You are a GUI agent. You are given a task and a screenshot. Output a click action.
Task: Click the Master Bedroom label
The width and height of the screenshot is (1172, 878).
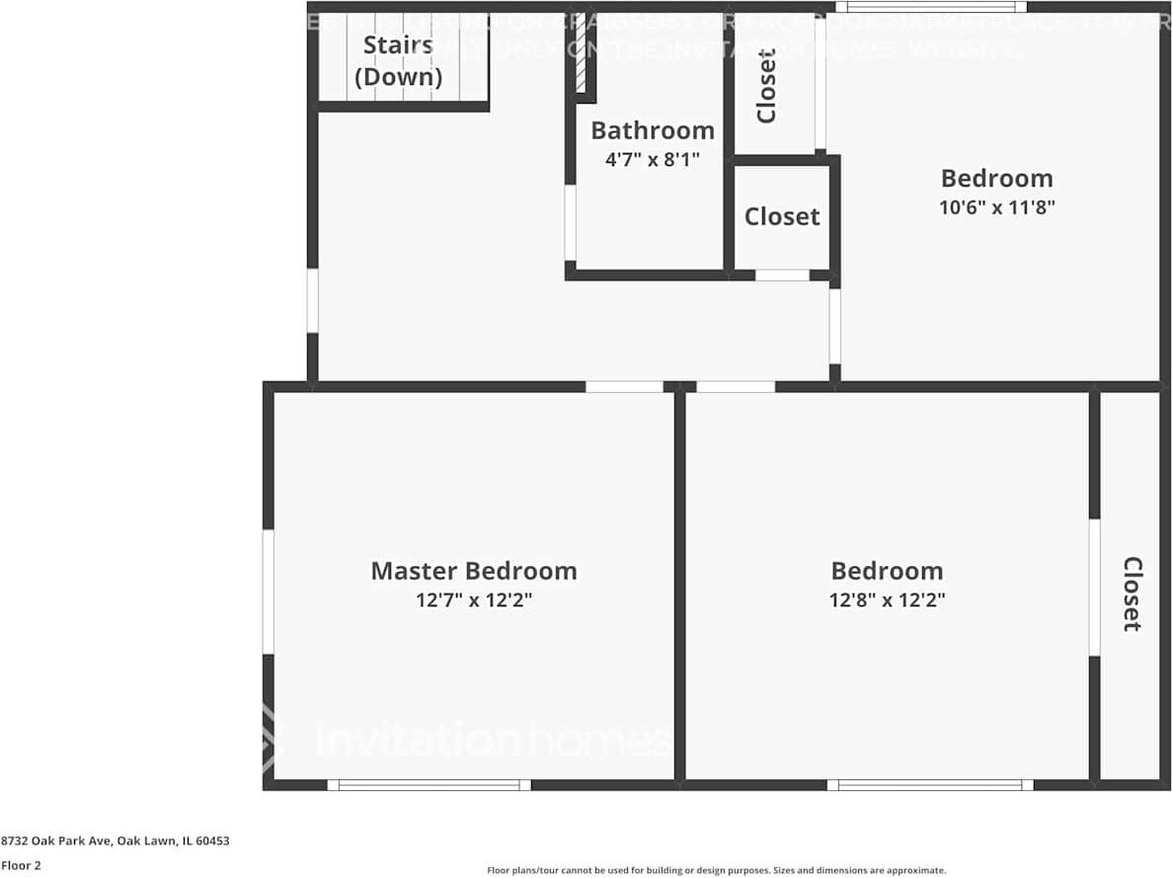(473, 571)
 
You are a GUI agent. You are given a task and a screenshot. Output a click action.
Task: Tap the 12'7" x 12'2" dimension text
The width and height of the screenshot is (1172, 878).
(473, 600)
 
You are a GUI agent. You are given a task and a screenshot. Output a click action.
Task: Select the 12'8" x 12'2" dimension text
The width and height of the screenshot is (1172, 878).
(887, 600)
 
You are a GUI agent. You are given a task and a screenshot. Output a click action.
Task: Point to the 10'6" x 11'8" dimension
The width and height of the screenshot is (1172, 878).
(996, 208)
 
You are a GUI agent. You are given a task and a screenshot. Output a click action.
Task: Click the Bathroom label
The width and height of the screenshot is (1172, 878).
(652, 130)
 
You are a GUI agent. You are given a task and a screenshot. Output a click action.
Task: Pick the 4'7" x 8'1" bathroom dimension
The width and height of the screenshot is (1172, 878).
(652, 159)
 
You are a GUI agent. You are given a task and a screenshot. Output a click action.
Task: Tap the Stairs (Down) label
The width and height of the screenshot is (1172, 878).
(398, 60)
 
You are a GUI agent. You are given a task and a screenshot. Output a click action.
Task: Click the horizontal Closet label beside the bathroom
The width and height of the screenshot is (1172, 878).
(781, 216)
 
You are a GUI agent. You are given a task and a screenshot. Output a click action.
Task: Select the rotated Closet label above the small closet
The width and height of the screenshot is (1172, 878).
(767, 86)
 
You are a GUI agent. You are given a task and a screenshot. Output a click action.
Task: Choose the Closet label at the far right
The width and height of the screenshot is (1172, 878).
(1132, 594)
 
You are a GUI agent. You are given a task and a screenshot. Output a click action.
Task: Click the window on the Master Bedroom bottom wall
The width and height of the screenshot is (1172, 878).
(429, 785)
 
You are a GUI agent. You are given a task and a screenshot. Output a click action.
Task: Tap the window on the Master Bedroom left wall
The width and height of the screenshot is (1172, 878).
(268, 592)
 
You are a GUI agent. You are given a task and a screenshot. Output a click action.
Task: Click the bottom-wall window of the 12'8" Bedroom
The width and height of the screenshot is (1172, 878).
(929, 785)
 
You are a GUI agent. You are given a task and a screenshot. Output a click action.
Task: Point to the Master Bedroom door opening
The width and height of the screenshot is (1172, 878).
(624, 387)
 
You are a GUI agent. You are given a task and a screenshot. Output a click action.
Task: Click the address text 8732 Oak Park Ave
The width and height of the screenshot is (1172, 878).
(115, 841)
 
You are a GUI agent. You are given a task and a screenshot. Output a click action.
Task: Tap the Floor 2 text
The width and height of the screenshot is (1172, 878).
(21, 865)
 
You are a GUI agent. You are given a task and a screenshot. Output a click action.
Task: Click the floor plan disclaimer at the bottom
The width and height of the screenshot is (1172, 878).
(716, 870)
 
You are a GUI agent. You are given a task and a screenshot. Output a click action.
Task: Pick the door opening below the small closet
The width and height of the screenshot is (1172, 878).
(782, 276)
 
